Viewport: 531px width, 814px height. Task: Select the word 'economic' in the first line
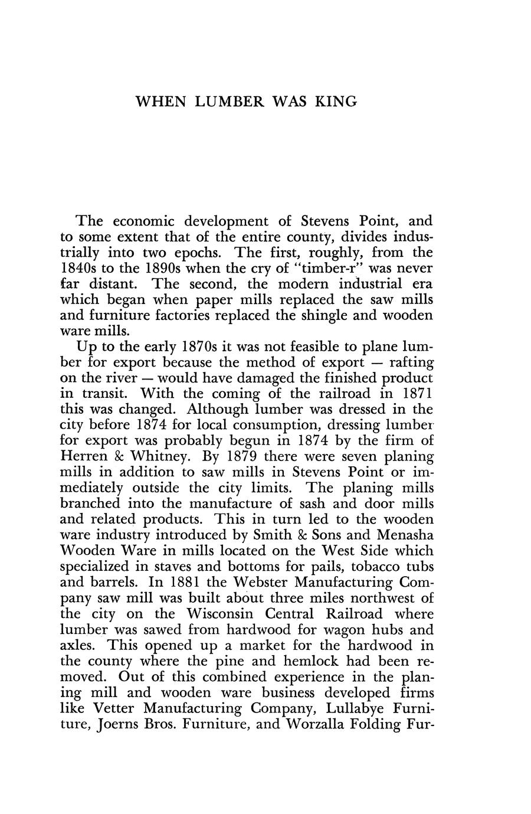pos(143,221)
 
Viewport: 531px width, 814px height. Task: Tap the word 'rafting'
pos(408,362)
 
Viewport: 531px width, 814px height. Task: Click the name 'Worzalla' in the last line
pos(311,723)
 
